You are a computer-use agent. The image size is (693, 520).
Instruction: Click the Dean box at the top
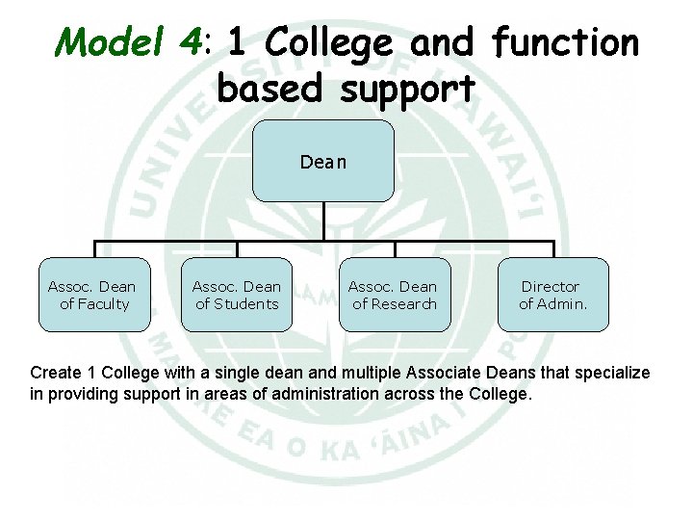(x=323, y=161)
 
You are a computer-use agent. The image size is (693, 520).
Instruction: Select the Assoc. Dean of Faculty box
(x=93, y=295)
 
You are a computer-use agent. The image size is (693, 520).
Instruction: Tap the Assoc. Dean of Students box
(x=237, y=295)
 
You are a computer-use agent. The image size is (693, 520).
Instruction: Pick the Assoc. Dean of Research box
(x=394, y=295)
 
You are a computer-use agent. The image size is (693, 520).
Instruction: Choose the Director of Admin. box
(x=552, y=295)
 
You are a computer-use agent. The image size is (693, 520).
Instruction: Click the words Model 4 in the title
(x=131, y=42)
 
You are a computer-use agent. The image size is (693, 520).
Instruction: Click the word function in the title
(x=564, y=42)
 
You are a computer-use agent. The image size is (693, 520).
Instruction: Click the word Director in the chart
(x=551, y=286)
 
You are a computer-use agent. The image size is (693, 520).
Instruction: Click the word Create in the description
(x=54, y=373)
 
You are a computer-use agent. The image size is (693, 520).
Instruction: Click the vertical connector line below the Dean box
(x=323, y=221)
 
